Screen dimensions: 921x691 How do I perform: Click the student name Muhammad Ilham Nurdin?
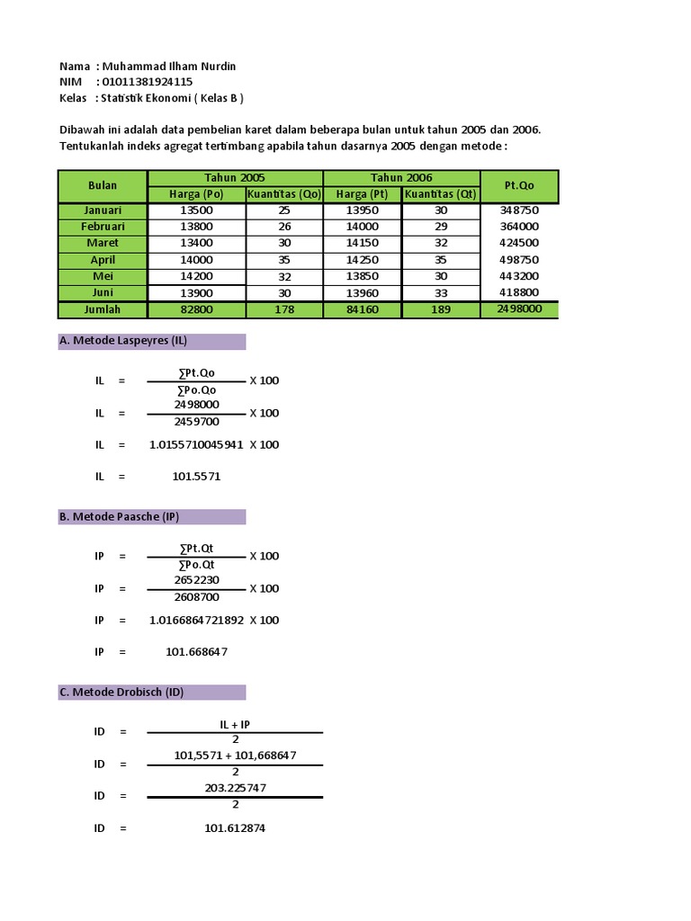[169, 67]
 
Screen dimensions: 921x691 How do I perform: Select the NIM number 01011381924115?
[148, 82]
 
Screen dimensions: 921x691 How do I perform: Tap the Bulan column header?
[103, 185]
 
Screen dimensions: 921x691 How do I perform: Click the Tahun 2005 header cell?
[235, 178]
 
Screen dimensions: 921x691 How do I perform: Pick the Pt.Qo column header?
[519, 185]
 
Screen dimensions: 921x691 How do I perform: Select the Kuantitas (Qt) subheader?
[440, 193]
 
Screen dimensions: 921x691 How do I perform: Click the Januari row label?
[103, 210]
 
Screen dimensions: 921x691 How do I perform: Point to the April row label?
[103, 260]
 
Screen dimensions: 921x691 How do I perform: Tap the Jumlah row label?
[103, 309]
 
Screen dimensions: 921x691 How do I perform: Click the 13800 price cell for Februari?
[196, 227]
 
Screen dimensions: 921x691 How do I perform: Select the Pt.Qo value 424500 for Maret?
[519, 243]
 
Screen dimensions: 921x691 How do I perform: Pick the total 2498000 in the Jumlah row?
[519, 308]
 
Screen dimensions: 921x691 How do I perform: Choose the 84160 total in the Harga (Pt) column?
[362, 309]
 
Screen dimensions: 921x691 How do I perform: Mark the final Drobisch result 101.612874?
[235, 827]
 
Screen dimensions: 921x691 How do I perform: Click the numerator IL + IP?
[235, 723]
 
